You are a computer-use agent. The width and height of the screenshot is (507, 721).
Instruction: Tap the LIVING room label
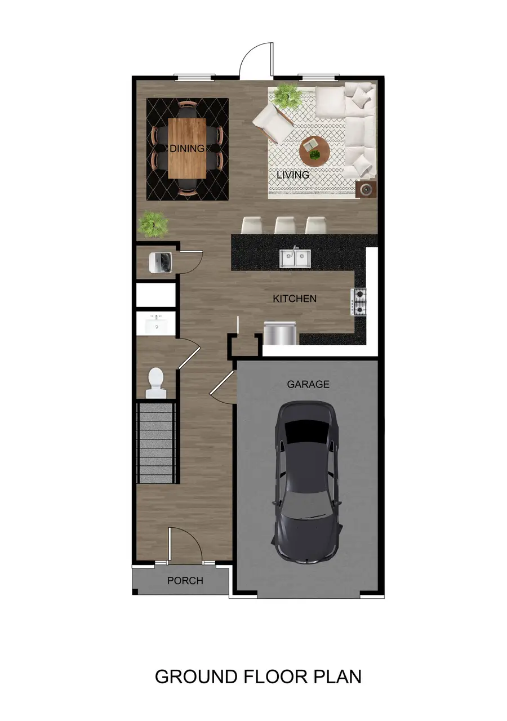pyautogui.click(x=293, y=175)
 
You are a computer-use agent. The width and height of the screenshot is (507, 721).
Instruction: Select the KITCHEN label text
pyautogui.click(x=295, y=299)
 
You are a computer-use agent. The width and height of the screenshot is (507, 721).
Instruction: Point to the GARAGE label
pyautogui.click(x=308, y=384)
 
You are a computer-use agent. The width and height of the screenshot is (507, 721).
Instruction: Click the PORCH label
pyautogui.click(x=185, y=581)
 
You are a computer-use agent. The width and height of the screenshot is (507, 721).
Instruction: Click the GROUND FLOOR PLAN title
pyautogui.click(x=258, y=676)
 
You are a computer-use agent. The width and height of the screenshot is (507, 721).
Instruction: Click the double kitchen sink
pyautogui.click(x=295, y=258)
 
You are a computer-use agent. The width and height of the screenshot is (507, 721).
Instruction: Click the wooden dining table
pyautogui.click(x=186, y=148)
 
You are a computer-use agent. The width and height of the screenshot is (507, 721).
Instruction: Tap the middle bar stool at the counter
pyautogui.click(x=285, y=225)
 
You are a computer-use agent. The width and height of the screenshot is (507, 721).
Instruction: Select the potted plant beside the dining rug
pyautogui.click(x=153, y=223)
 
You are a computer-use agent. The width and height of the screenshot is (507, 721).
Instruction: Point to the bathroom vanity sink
pyautogui.click(x=155, y=325)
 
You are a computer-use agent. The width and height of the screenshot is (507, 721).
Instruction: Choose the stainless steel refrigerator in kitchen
pyautogui.click(x=280, y=332)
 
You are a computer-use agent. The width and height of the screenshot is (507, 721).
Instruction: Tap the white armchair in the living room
pyautogui.click(x=273, y=121)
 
